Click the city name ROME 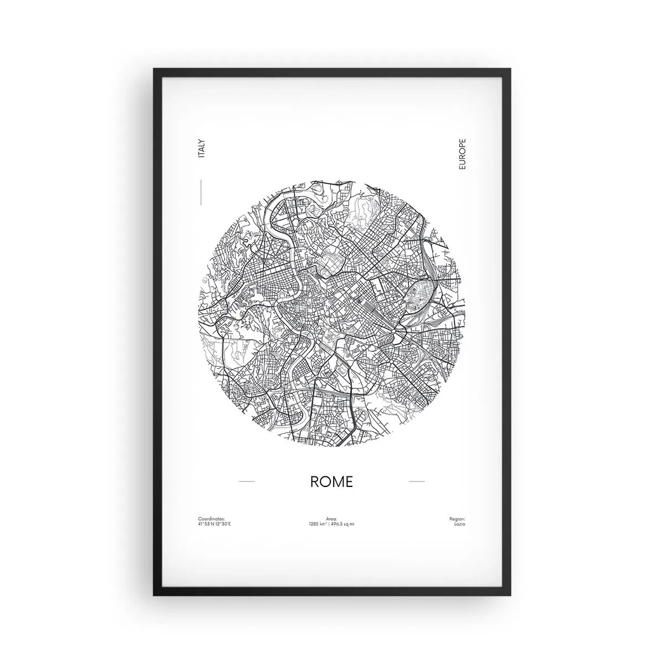pos(331,481)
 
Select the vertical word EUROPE pos(463,154)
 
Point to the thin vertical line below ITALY pos(201,192)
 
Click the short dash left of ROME pos(246,481)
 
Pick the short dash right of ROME pos(416,481)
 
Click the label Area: pos(332,519)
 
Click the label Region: pos(458,519)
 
